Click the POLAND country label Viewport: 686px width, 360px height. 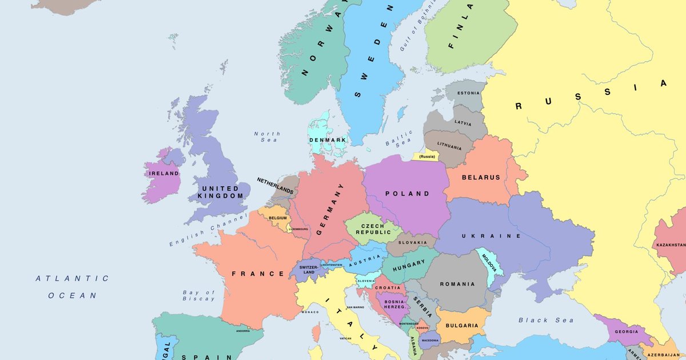pos(407,194)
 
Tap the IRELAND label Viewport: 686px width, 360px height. pos(163,173)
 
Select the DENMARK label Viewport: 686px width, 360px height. pos(328,140)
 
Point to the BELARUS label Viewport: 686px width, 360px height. pos(481,178)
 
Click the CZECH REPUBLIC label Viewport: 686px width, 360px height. pos(373,229)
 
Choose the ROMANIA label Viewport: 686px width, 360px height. pos(457,284)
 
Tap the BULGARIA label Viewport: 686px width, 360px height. pos(462,326)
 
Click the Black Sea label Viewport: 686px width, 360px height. pos(546,320)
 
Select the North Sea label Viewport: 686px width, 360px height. pos(266,137)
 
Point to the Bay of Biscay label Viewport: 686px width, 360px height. pos(198,295)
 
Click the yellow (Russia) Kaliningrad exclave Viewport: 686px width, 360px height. pos(426,157)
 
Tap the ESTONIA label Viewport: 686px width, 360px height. pos(468,93)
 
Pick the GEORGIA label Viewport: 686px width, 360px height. pos(626,331)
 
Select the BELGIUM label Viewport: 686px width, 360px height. pos(277,218)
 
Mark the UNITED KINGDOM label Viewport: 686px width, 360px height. pos(220,192)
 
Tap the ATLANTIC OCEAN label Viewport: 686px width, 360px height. pos(72,287)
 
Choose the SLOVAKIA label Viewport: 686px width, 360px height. pos(412,243)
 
